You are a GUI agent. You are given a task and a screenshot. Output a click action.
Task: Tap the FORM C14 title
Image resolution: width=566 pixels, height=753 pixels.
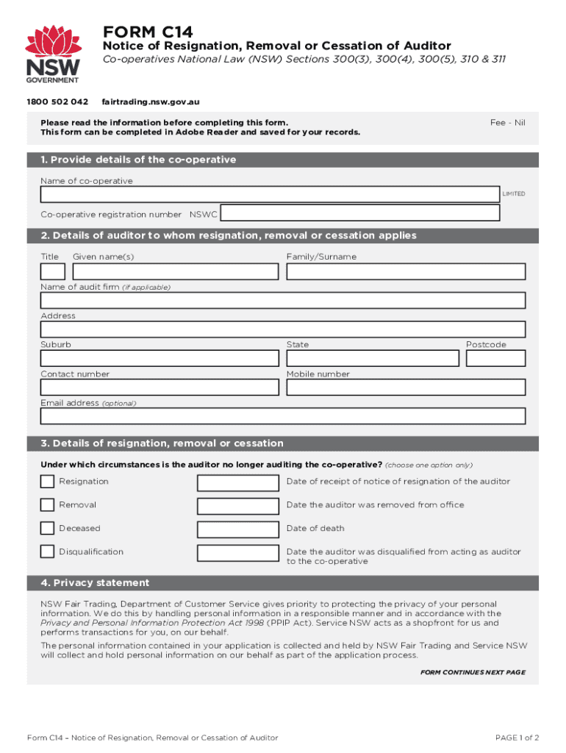click(x=148, y=32)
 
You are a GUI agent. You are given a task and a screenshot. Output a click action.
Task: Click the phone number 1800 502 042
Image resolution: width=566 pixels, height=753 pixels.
click(x=57, y=101)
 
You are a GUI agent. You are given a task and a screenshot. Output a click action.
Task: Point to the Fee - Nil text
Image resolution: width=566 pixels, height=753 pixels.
click(x=508, y=123)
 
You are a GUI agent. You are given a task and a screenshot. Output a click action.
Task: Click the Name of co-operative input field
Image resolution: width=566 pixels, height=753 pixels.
click(x=270, y=194)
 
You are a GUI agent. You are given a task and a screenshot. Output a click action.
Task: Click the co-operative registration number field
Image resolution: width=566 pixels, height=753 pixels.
click(x=360, y=213)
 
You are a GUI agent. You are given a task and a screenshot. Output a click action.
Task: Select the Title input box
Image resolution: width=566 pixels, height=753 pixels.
click(x=53, y=271)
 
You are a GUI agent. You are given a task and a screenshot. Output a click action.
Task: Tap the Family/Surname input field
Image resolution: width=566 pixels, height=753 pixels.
click(x=406, y=271)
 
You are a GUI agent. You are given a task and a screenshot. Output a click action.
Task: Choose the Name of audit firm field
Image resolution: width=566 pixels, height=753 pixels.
click(x=283, y=300)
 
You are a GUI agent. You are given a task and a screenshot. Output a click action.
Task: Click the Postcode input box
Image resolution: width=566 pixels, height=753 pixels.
click(x=495, y=358)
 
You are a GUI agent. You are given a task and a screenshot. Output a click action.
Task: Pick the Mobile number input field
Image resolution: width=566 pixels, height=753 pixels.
click(x=406, y=388)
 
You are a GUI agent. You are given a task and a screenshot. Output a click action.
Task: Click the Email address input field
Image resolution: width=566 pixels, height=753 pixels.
click(x=283, y=416)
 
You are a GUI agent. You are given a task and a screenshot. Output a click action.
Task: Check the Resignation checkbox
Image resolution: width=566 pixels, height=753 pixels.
click(x=47, y=482)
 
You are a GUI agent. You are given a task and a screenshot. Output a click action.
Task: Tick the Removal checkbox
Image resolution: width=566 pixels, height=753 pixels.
click(x=47, y=505)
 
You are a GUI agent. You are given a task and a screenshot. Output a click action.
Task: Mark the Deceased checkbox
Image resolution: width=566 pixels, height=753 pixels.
click(x=47, y=528)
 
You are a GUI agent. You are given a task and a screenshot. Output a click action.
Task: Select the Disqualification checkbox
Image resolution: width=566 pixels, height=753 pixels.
click(x=47, y=552)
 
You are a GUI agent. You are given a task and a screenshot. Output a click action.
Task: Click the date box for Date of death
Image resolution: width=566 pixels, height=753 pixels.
click(x=237, y=529)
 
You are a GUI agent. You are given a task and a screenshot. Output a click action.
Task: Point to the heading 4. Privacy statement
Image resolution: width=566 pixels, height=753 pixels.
click(x=96, y=583)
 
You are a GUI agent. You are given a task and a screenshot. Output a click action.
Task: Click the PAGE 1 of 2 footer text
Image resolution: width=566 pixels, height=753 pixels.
click(x=517, y=738)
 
